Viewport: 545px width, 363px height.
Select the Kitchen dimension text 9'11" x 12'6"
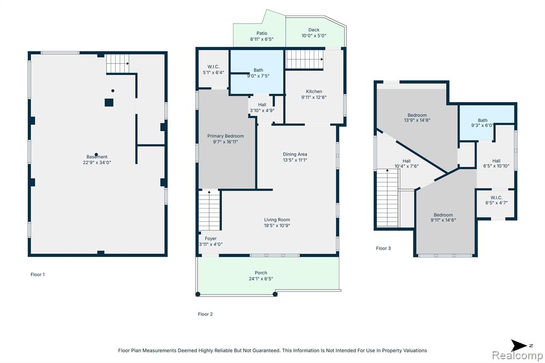(x=314, y=97)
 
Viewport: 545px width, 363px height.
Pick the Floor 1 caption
(x=38, y=274)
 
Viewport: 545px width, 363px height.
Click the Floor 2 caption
(x=205, y=314)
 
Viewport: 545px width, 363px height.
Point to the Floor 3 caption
(x=383, y=248)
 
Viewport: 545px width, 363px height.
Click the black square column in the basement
(x=109, y=103)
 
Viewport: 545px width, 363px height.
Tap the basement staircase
(x=118, y=63)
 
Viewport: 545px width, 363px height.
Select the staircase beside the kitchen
(x=305, y=60)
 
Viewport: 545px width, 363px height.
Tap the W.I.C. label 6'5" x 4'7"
(x=497, y=200)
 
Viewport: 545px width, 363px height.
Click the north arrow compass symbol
(x=519, y=345)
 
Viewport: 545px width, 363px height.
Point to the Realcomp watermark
(x=517, y=355)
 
